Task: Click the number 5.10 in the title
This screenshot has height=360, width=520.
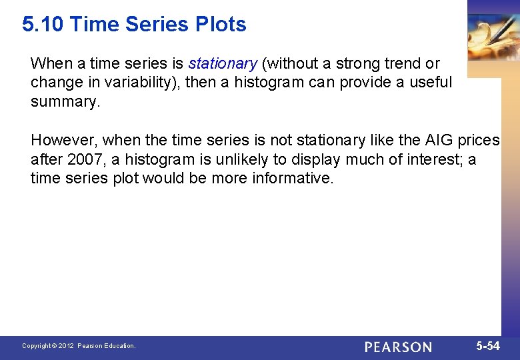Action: (43, 25)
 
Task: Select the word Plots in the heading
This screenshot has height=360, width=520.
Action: (221, 25)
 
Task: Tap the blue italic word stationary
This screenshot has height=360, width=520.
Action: (223, 64)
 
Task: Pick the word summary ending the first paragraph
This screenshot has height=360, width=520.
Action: (64, 101)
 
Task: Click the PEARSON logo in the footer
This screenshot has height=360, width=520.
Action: (398, 347)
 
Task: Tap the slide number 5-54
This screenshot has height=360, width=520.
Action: (487, 346)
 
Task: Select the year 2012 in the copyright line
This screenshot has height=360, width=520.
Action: (67, 346)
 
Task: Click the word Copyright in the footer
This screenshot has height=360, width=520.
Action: (37, 346)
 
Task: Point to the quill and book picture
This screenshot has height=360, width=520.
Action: (493, 37)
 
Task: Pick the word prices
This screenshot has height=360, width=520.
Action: (478, 141)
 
